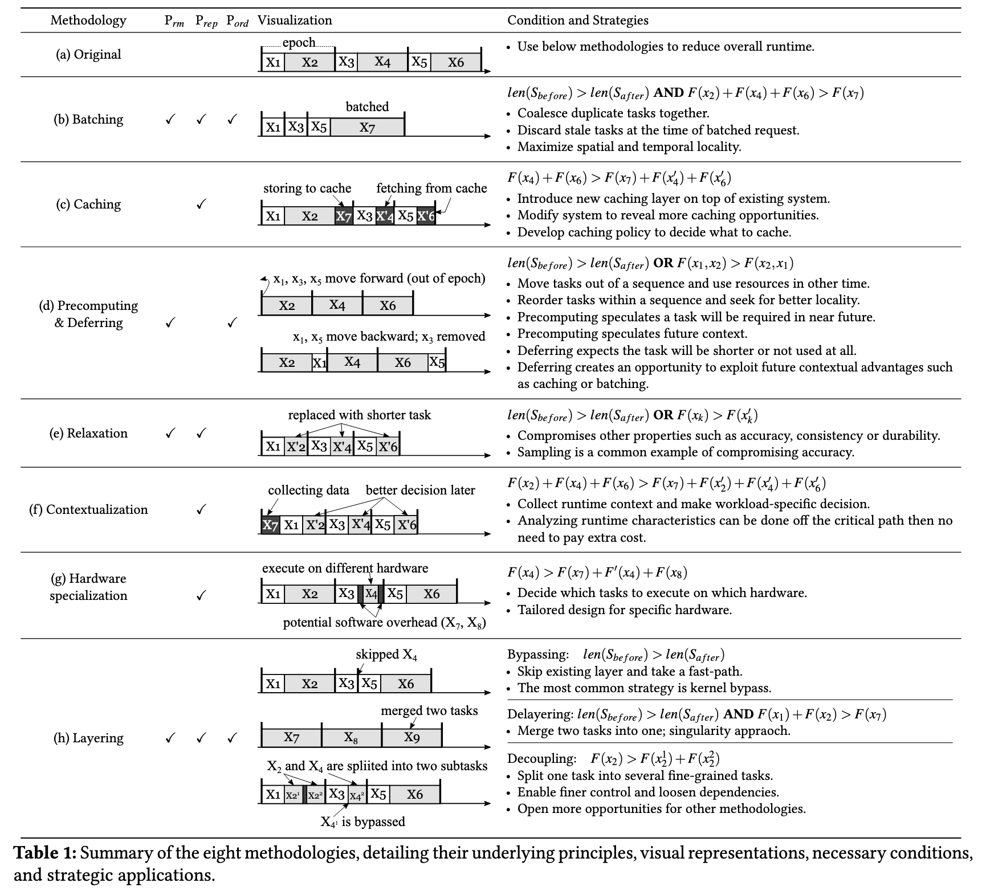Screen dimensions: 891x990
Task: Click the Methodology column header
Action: [88, 21]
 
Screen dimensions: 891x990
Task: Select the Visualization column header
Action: [295, 21]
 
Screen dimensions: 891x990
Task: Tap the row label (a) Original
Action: [88, 55]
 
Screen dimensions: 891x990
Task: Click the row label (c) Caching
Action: [88, 205]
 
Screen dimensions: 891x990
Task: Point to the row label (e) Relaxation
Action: [88, 434]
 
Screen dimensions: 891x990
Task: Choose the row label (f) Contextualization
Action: [88, 510]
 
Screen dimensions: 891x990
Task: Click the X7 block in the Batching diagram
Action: [367, 128]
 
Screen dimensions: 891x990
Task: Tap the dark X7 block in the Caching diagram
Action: [344, 216]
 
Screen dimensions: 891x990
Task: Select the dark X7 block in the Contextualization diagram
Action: [270, 525]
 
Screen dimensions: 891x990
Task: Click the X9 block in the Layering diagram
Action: [412, 737]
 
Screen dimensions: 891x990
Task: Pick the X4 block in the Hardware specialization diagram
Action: [371, 594]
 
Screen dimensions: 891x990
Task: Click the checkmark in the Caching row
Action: [201, 205]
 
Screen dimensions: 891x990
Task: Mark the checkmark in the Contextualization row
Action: [201, 510]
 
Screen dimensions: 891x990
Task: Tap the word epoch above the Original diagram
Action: [299, 43]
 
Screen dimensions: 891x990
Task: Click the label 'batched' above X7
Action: [367, 107]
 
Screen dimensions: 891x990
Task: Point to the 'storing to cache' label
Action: [307, 189]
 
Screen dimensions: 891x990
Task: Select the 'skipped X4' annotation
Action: [386, 655]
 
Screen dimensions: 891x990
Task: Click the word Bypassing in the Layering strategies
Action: [538, 655]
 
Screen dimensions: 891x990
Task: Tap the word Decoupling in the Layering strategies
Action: [541, 759]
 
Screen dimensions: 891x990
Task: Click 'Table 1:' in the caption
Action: [44, 853]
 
